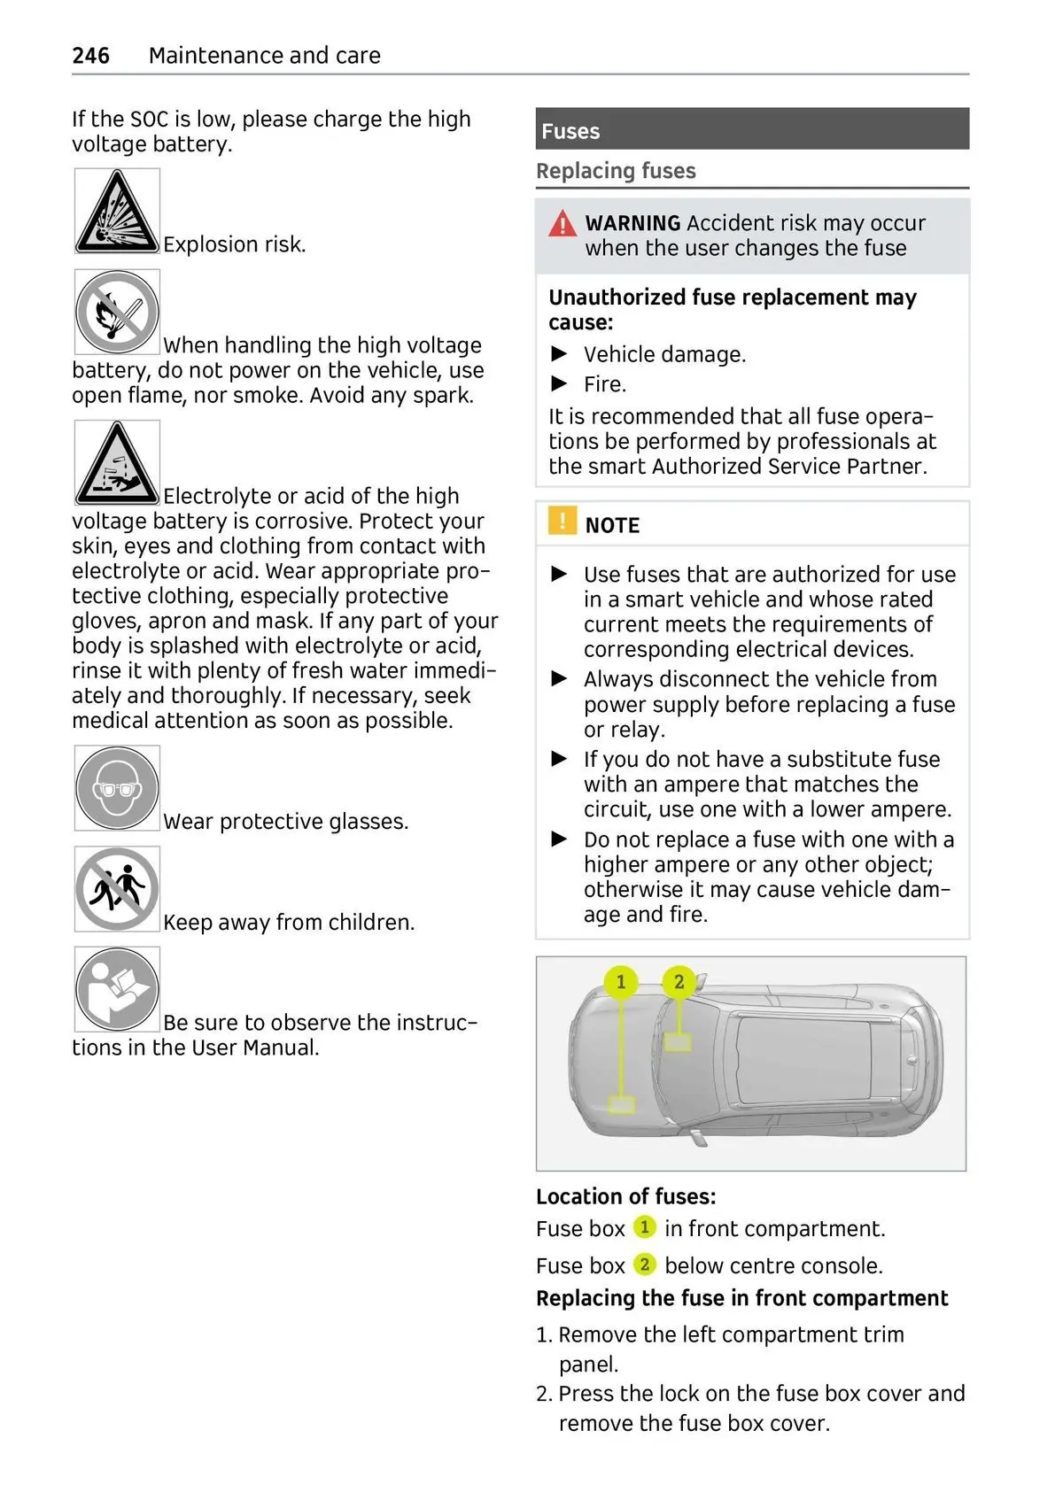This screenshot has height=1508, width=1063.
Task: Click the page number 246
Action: (x=90, y=56)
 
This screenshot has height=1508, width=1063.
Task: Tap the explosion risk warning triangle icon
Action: (x=117, y=212)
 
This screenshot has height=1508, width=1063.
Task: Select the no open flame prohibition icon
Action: (x=117, y=313)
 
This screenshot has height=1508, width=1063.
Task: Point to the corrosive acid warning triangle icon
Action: (x=117, y=463)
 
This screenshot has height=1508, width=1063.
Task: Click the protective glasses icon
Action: (x=117, y=788)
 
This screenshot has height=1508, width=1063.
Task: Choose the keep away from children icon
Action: (x=117, y=889)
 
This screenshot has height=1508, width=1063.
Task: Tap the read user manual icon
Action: (x=117, y=989)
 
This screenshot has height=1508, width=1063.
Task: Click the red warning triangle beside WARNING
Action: (x=562, y=223)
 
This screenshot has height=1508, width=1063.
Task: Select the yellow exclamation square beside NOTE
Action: (x=562, y=521)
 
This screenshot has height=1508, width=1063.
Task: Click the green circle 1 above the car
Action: (x=621, y=981)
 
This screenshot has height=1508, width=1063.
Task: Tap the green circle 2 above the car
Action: (x=679, y=981)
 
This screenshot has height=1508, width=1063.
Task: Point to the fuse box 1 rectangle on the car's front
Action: (x=622, y=1104)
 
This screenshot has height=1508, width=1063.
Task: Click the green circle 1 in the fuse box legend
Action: (x=644, y=1227)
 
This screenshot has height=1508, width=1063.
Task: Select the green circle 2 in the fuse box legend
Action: (x=644, y=1264)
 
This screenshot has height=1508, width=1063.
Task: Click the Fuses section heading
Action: (x=570, y=131)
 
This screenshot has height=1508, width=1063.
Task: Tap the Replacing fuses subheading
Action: (x=616, y=171)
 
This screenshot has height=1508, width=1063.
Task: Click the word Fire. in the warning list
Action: (x=605, y=384)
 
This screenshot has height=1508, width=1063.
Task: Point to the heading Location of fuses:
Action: (x=625, y=1196)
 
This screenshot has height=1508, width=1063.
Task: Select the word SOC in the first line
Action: (x=149, y=120)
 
